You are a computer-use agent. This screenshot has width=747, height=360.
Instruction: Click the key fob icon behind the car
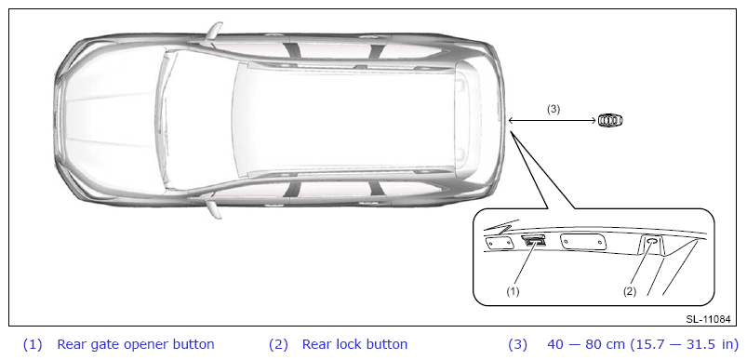[x=610, y=121]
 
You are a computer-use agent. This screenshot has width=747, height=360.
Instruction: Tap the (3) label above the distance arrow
[x=554, y=109]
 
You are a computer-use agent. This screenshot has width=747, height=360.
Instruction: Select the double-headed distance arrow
[x=553, y=121]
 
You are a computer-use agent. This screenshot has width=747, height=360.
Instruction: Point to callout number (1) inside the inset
[x=513, y=291]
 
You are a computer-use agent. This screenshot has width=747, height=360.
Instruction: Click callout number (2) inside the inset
[x=630, y=291]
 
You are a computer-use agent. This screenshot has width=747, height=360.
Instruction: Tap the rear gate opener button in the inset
[x=535, y=241]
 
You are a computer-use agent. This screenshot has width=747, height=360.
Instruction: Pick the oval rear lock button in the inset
[x=652, y=243]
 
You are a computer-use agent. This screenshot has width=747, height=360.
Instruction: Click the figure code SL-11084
[x=708, y=319]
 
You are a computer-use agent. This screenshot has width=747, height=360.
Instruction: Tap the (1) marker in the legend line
[x=33, y=344]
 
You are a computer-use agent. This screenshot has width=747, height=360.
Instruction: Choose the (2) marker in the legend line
[x=278, y=344]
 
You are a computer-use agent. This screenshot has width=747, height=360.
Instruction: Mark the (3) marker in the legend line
[x=518, y=344]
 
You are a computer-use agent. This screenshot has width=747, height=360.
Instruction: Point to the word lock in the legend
[x=346, y=344]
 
